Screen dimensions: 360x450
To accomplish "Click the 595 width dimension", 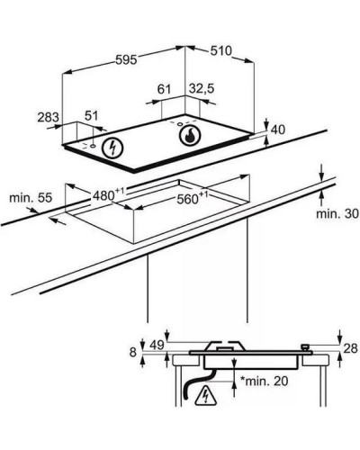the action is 126,60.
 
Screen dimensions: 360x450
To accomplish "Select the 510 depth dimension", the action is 221,50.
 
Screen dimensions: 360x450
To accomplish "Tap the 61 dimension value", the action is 164,89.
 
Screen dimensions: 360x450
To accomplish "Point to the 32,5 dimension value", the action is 202,88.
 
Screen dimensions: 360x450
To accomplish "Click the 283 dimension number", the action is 48,117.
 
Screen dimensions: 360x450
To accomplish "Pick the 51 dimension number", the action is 91,115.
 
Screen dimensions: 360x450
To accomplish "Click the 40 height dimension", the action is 278,130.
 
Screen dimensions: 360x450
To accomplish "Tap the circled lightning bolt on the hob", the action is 112,148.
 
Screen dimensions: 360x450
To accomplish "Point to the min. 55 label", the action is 31,198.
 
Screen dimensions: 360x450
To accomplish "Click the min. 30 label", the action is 337,213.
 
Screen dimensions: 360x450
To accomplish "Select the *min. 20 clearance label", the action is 265,381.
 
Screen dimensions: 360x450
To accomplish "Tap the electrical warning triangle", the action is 206,395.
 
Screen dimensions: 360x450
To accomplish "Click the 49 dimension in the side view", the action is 157,346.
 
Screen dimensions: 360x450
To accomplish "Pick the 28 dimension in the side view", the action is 350,348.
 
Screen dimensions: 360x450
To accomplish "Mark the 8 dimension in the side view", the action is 133,352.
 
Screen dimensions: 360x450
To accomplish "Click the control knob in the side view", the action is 305,347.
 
